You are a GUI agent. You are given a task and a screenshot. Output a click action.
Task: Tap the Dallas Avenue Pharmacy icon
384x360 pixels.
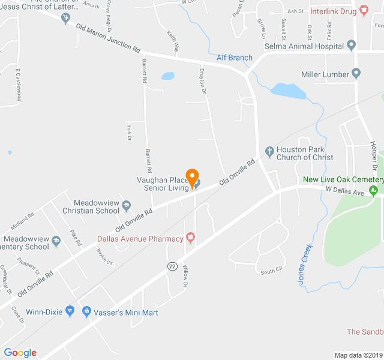pos(191,238)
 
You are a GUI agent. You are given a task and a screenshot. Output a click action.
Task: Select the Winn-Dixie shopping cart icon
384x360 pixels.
pos(71,311)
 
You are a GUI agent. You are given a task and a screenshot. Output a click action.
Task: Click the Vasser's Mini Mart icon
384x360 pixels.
pos(86,311)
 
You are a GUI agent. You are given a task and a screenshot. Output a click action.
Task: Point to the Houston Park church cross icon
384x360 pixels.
pos(269,150)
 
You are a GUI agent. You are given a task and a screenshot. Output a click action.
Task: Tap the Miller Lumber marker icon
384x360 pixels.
pos(356,74)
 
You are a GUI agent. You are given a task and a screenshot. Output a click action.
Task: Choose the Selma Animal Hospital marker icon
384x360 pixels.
pos(351,45)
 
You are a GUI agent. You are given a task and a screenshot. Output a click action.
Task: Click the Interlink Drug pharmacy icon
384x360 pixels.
pos(364,11)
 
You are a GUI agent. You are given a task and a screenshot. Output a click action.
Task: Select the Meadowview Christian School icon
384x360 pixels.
pos(126,206)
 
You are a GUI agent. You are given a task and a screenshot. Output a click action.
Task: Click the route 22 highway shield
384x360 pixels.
pos(172,266)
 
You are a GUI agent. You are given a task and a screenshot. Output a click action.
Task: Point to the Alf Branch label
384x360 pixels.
pos(235,58)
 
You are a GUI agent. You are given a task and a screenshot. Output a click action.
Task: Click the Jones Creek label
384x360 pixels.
pos(305,264)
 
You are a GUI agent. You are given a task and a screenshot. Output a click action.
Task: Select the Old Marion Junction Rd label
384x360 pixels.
pos(108,38)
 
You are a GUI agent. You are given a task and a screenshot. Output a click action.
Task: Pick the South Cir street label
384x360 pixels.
pos(271,272)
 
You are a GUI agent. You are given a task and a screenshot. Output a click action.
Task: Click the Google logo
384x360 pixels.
pos(20,353)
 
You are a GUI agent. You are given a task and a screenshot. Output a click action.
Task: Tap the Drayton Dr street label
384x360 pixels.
pos(202,80)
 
